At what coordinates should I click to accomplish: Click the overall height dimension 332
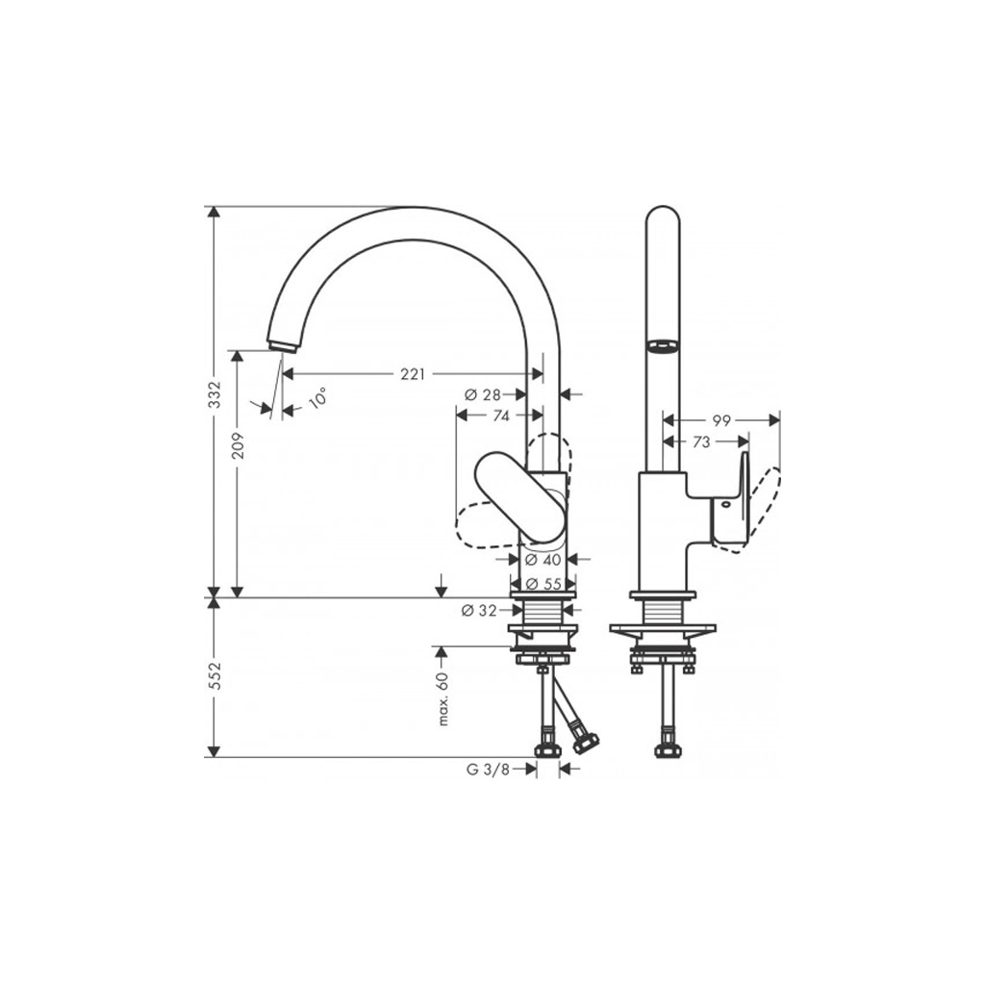[x=215, y=393]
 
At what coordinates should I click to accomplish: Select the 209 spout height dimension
[x=238, y=444]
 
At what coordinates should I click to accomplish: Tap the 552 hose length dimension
[x=215, y=675]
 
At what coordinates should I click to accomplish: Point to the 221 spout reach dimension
[x=412, y=374]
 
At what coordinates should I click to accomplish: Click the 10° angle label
[x=316, y=397]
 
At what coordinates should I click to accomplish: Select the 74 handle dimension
[x=500, y=416]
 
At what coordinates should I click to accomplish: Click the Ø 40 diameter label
[x=544, y=559]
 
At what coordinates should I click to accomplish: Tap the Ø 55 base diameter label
[x=544, y=584]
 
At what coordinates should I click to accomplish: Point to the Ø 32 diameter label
[x=478, y=609]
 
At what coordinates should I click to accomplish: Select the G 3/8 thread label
[x=488, y=769]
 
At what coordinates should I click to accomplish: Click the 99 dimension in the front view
[x=721, y=420]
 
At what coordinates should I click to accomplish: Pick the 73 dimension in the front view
[x=701, y=442]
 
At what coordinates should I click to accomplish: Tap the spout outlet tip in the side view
[x=282, y=345]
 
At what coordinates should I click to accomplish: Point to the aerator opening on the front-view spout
[x=663, y=346]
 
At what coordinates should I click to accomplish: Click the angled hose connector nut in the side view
[x=585, y=742]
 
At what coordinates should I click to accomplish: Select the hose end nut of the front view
[x=664, y=750]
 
